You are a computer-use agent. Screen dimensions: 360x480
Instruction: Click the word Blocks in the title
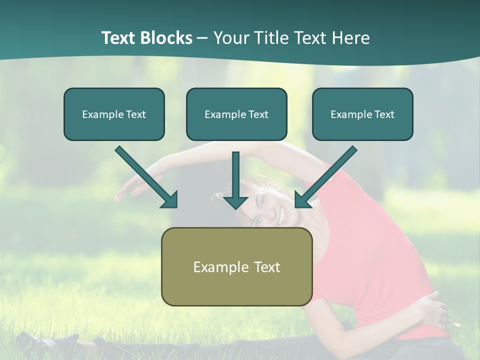168,38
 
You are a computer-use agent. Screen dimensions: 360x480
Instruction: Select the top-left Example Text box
114,114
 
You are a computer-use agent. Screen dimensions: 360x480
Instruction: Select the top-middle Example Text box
236,114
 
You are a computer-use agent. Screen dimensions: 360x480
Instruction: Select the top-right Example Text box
362,114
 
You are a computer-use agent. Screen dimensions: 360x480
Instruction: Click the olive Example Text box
236,266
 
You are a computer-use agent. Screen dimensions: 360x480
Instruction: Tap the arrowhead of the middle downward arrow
236,201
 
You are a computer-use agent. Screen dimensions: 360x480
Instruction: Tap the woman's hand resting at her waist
430,310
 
